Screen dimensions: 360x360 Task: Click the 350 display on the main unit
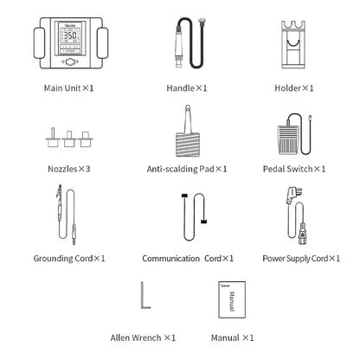(x=70, y=35)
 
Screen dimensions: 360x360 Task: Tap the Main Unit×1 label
(x=68, y=88)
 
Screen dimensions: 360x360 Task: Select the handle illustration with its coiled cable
(x=190, y=43)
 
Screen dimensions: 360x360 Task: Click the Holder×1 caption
(x=293, y=88)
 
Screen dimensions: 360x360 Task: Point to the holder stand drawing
(x=293, y=44)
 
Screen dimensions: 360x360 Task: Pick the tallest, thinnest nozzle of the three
(x=53, y=138)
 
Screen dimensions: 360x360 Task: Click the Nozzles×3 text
(x=69, y=169)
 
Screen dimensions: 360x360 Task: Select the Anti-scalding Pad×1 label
(x=187, y=169)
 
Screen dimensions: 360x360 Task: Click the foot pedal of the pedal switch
(x=289, y=140)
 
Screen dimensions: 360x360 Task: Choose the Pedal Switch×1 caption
(x=294, y=169)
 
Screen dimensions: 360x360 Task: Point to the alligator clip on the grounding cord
(x=60, y=192)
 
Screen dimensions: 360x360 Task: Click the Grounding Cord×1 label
(x=69, y=259)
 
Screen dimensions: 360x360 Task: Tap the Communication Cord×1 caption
(x=188, y=259)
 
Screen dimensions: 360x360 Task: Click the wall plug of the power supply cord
(x=293, y=196)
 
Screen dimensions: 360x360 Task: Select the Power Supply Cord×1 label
(x=301, y=259)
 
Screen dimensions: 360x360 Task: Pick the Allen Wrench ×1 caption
(x=143, y=337)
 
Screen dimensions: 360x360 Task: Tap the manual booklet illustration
(x=232, y=300)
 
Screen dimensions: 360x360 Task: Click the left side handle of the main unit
(x=39, y=43)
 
